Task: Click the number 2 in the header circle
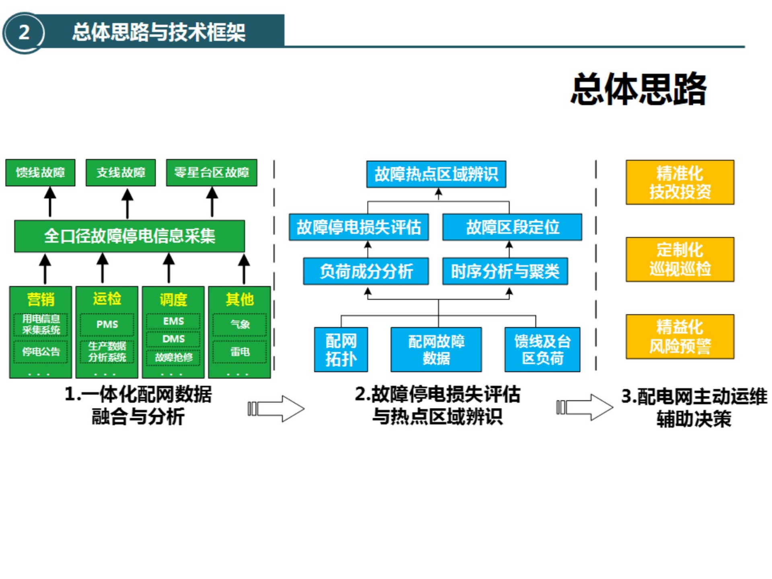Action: [x=24, y=32]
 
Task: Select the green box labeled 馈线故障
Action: [x=40, y=172]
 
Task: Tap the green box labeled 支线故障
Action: [x=121, y=172]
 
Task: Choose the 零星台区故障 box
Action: [x=211, y=172]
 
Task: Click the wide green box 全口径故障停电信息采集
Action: [x=129, y=236]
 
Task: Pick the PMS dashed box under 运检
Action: [x=107, y=324]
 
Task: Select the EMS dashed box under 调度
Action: [x=173, y=321]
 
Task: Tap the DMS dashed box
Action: [x=173, y=339]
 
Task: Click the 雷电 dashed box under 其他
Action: [x=240, y=352]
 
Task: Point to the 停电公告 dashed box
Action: [x=41, y=352]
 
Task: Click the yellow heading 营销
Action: [x=41, y=299]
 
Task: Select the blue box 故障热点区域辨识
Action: [x=436, y=174]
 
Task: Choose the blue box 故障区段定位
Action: [x=512, y=227]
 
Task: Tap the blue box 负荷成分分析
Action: [x=366, y=271]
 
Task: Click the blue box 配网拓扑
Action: [x=341, y=349]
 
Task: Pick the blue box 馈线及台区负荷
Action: [x=542, y=349]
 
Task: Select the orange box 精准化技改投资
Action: [x=680, y=182]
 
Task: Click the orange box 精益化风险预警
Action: [x=680, y=337]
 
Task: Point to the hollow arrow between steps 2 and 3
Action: [x=585, y=407]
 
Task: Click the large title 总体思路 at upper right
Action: [x=639, y=89]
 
